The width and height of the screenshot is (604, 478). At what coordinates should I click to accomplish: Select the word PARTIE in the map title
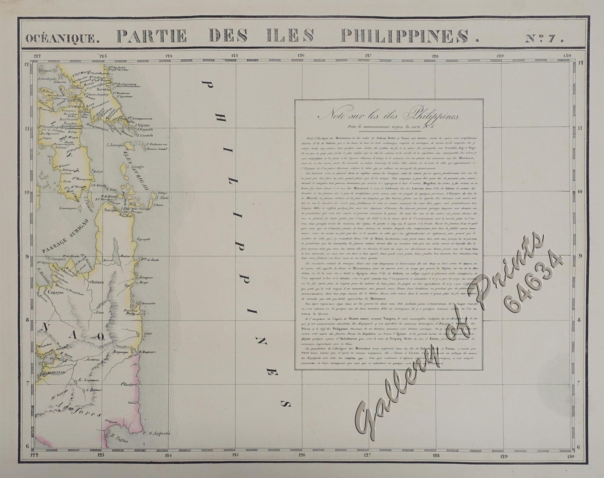[151, 37]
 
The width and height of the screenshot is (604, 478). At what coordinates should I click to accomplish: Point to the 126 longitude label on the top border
[301, 55]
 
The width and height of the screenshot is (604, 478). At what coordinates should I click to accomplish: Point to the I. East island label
[162, 198]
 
